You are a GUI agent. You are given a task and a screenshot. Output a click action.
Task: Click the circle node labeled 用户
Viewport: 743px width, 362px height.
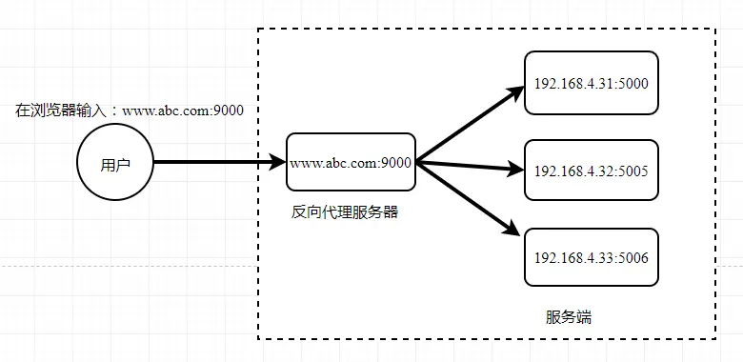(x=114, y=163)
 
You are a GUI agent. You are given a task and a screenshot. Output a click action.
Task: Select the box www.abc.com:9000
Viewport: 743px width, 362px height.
(x=351, y=163)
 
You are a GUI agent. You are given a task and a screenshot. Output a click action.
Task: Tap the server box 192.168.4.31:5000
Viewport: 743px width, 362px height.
(x=591, y=84)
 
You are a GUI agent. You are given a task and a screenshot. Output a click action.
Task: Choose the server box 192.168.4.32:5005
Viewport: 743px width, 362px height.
(x=591, y=171)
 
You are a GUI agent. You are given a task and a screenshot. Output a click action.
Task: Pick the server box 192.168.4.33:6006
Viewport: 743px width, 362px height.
(x=591, y=257)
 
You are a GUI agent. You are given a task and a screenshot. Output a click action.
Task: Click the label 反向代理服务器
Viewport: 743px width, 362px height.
(x=344, y=211)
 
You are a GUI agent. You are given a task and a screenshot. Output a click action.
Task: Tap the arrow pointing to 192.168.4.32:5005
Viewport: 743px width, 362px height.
(x=467, y=168)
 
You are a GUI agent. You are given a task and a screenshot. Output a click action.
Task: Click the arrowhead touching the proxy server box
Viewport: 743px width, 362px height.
(x=278, y=163)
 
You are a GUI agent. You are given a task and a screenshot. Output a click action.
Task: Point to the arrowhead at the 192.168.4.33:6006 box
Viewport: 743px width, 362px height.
(x=514, y=230)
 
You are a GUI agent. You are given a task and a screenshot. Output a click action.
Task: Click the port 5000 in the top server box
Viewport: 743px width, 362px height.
(x=632, y=84)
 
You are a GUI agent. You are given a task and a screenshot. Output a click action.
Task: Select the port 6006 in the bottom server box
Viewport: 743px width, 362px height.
(x=632, y=257)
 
